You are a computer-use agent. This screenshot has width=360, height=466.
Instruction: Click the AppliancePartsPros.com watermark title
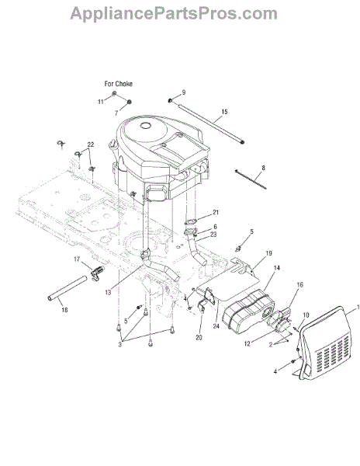click(x=174, y=14)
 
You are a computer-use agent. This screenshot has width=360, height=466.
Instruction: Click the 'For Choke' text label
click(x=119, y=84)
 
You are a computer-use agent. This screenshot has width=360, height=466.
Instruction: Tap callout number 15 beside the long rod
click(x=224, y=112)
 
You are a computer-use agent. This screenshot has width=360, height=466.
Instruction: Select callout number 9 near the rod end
click(x=184, y=92)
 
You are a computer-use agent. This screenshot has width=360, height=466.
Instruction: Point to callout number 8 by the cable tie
click(x=263, y=168)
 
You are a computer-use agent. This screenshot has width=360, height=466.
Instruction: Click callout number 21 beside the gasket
click(x=216, y=212)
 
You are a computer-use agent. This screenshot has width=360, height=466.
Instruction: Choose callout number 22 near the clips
click(x=91, y=144)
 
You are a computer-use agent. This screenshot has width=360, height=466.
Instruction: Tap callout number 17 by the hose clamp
click(x=77, y=259)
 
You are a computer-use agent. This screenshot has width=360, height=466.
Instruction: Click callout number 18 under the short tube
click(x=64, y=310)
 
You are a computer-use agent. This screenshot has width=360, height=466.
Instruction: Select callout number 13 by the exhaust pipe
click(x=108, y=293)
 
